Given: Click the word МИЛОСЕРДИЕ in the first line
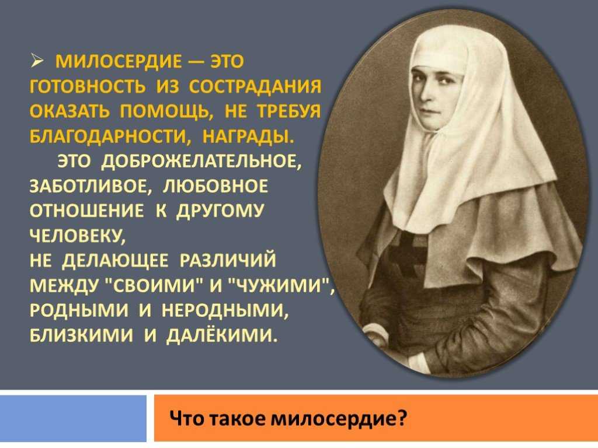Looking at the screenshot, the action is coord(119,62).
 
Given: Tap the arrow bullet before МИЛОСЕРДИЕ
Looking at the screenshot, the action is coord(37,61).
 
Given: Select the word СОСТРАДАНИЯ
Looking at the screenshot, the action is coord(255,87).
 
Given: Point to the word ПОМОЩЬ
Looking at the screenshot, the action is coord(166,111).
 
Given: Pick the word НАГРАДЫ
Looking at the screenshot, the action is coord(248,136).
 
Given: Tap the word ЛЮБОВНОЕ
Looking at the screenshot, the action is coord(215,186).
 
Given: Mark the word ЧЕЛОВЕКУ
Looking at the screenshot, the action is coord(77,236).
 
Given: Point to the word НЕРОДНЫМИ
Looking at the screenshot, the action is coord(224,311).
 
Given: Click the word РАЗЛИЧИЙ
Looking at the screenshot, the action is coord(227,261).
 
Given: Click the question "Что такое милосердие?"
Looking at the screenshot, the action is coord(288,419).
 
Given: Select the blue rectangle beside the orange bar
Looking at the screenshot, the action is coord(73,418).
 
